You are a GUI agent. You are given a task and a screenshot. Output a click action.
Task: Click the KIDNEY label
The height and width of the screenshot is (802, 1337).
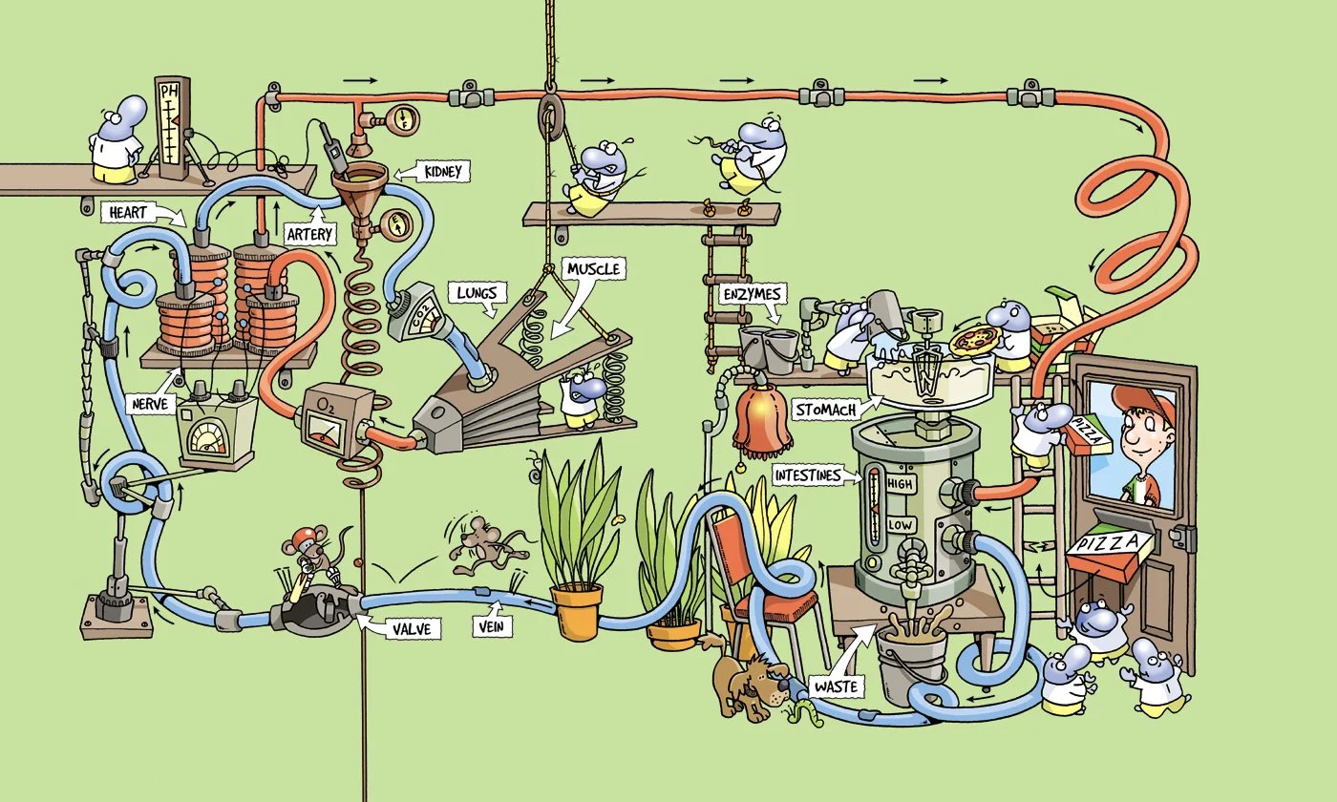[x=443, y=172]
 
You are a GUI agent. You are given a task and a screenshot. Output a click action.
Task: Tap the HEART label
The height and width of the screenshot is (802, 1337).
[x=128, y=212]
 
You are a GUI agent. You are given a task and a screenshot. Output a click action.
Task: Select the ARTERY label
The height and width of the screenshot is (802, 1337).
[x=309, y=234]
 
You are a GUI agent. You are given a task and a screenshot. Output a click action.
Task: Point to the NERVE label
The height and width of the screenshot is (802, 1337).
[x=150, y=404]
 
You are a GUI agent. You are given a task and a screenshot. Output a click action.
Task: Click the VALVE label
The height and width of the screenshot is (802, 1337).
[x=412, y=628]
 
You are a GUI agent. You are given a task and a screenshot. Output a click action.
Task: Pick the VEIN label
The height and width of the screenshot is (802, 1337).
[x=492, y=626]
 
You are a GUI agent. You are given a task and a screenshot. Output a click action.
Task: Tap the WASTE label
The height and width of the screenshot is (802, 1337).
[x=837, y=686]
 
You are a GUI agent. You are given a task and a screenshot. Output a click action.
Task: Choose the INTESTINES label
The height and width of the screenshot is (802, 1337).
[x=808, y=475]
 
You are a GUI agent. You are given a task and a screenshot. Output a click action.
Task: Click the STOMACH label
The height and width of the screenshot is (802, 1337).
[x=825, y=410]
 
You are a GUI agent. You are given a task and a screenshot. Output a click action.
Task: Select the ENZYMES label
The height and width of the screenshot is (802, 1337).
[x=753, y=294]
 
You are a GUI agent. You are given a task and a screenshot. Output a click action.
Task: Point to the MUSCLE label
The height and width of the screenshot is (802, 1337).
[x=593, y=268]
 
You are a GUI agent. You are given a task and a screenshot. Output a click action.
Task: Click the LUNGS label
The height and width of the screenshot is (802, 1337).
[x=477, y=293]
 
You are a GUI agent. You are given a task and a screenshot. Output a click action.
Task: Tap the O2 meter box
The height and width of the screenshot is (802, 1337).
[x=330, y=420]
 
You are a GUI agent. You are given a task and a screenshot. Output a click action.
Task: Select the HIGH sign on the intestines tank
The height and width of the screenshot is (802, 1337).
[x=900, y=483]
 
